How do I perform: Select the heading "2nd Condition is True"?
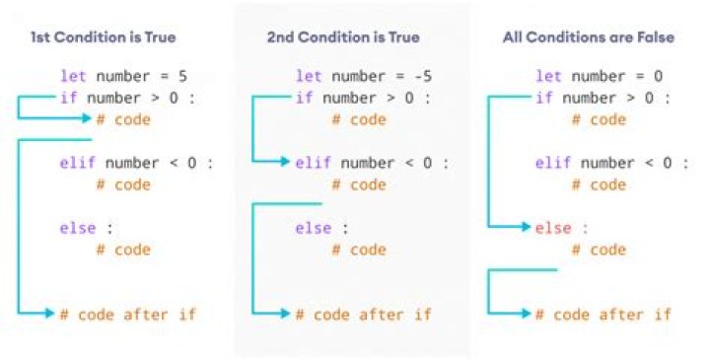[342, 37]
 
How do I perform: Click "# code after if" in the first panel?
[127, 315]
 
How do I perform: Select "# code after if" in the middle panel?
[364, 315]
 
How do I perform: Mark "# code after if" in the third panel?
[603, 315]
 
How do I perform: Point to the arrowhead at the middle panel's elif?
[286, 163]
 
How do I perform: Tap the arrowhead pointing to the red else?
[526, 228]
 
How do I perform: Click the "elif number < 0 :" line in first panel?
[135, 163]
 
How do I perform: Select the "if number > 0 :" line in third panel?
[603, 98]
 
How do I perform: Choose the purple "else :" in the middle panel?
[322, 228]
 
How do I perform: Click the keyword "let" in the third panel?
[548, 76]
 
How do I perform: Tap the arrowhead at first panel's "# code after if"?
[49, 315]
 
